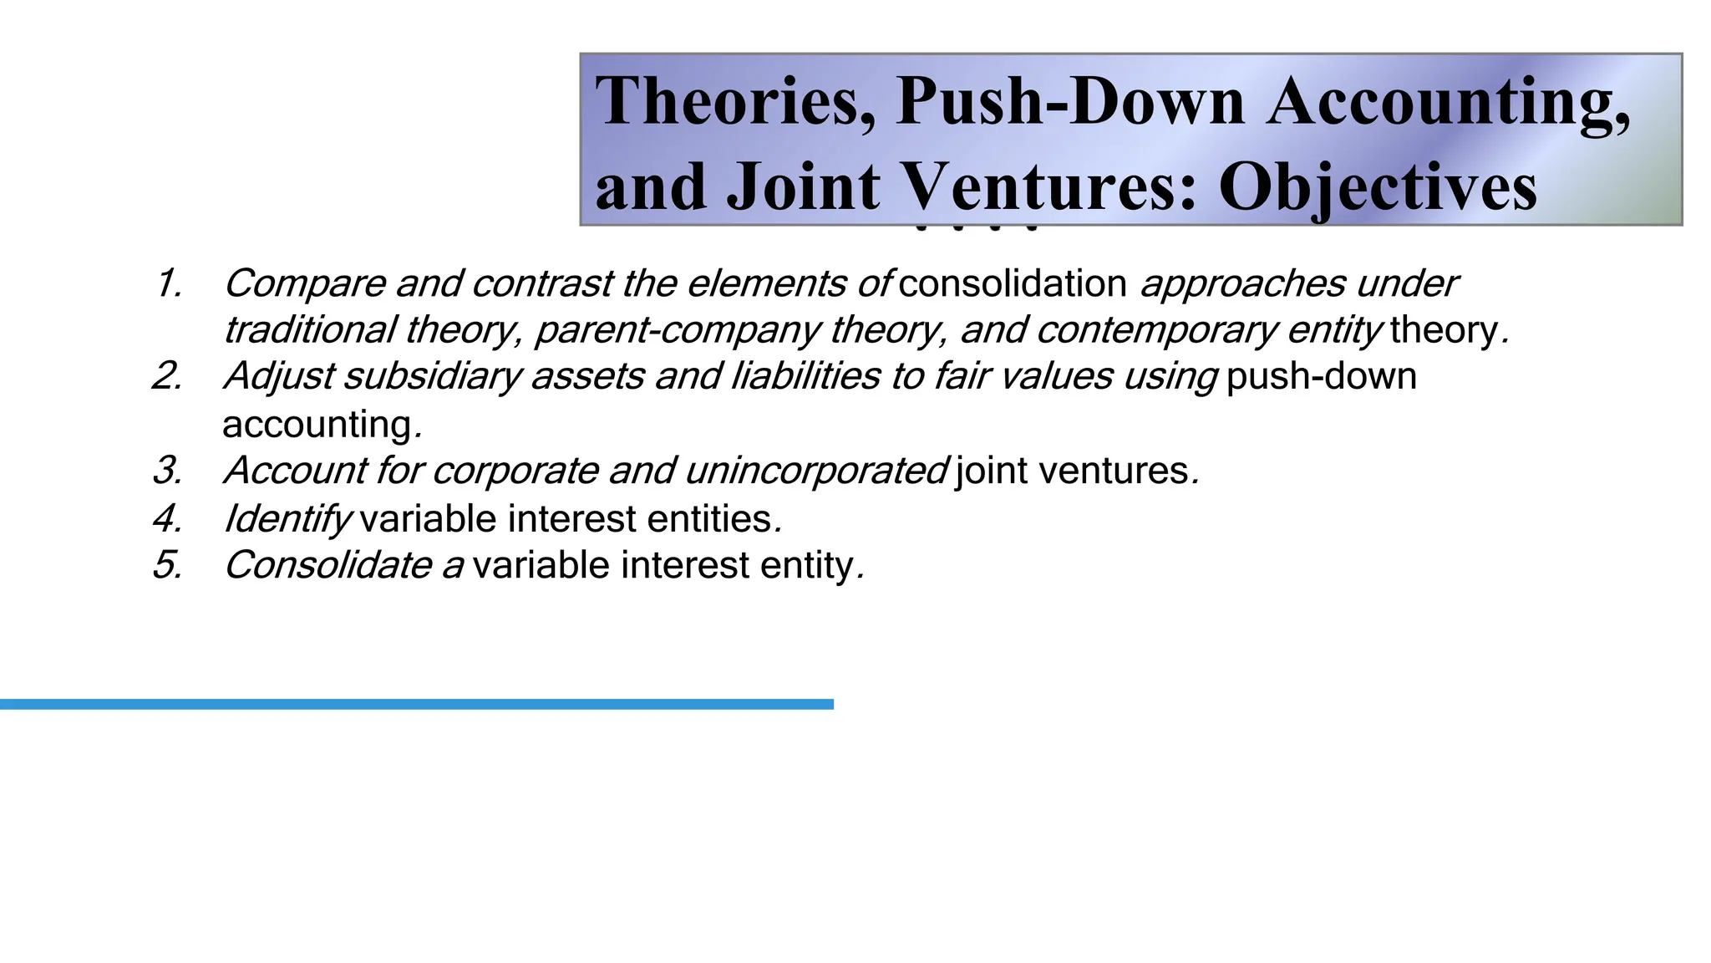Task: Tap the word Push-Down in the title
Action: [x=1070, y=102]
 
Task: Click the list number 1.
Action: [x=168, y=284]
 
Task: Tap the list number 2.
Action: [x=168, y=376]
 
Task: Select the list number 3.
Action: [x=168, y=471]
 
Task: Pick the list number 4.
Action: [x=168, y=519]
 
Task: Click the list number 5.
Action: [x=168, y=565]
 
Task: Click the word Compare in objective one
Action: [x=304, y=284]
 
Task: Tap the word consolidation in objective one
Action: [x=1013, y=284]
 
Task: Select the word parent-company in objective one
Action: [x=678, y=331]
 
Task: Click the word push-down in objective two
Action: [x=1321, y=377]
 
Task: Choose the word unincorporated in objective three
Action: [x=816, y=471]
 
